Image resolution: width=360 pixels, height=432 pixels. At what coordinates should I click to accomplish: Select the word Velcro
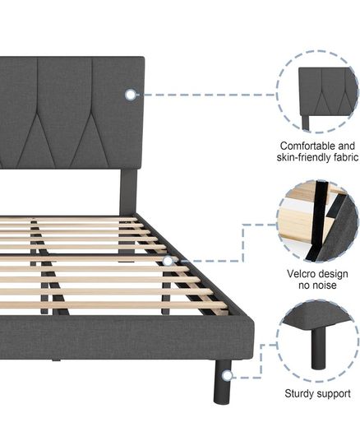pos(302,274)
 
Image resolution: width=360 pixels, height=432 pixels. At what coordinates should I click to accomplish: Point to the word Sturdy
pos(298,393)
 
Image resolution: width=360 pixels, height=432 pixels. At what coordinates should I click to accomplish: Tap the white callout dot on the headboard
pos(131,95)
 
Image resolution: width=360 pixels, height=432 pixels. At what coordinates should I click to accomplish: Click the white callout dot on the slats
pos(168,261)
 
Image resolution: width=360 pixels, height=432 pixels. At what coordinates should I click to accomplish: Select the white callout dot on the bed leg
pos(227,375)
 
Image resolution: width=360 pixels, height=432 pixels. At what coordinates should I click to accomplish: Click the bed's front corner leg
pos(222,382)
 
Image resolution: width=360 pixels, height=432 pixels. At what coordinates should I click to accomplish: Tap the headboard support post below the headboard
pos(128,193)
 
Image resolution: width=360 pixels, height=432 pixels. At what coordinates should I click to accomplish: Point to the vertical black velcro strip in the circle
pos(319,221)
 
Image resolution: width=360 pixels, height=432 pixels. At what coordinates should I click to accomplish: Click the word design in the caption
pos(334,274)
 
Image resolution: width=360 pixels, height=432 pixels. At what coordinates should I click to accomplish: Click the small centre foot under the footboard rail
pos(56,360)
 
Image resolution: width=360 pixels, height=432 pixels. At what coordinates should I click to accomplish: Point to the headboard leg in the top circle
pos(306,123)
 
